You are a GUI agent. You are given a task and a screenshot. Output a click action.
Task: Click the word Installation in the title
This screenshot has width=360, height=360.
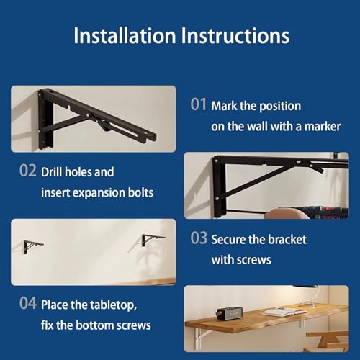(x=125, y=35)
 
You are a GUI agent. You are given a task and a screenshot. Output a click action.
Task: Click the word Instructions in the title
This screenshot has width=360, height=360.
(x=235, y=35)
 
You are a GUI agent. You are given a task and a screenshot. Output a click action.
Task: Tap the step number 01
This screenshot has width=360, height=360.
(x=198, y=104)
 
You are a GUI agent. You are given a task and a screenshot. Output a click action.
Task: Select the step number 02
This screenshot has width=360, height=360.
(x=28, y=171)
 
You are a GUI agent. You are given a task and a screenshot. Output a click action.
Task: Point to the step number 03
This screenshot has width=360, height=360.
(x=199, y=238)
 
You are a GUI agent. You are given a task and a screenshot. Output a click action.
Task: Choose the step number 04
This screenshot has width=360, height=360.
(x=28, y=303)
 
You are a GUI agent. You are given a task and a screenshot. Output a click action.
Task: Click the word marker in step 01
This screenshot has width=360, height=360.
(x=323, y=127)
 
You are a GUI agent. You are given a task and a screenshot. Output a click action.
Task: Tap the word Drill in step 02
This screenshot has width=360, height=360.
(x=50, y=172)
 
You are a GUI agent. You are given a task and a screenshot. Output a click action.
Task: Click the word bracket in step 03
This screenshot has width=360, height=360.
(x=287, y=239)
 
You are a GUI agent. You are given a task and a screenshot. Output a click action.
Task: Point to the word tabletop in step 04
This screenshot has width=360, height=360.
(x=113, y=305)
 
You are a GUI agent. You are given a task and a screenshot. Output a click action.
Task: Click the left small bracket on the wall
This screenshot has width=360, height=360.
(x=32, y=246)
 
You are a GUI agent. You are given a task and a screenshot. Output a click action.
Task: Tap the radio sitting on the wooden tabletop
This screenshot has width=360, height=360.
(x=229, y=312)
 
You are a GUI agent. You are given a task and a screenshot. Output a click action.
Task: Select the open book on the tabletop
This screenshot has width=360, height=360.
(x=284, y=312)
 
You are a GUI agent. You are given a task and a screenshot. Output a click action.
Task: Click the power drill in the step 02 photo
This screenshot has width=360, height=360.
(x=322, y=212)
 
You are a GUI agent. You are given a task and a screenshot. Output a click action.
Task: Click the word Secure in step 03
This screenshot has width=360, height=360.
(x=228, y=239)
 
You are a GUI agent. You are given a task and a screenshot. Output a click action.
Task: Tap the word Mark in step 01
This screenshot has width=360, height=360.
(x=224, y=106)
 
